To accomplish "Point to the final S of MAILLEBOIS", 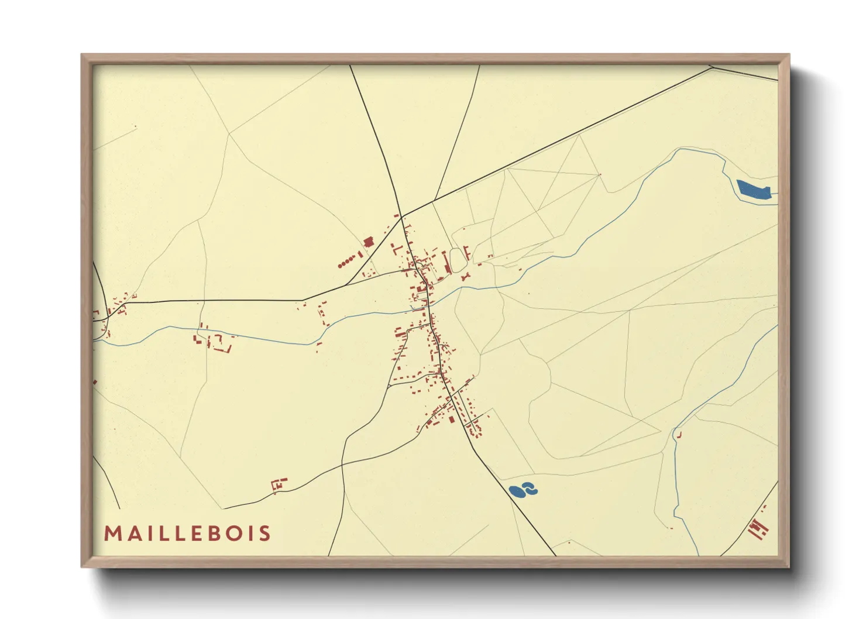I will coord(266,534).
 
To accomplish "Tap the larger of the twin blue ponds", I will coord(517,491).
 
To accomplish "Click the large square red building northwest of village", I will coord(369,242).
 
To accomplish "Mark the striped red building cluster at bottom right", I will coord(758,528).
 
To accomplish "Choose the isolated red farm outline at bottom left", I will coord(279,484).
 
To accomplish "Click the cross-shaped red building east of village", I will coord(466,276).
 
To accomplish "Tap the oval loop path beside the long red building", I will coord(456,260).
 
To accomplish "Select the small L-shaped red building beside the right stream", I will coord(679,435).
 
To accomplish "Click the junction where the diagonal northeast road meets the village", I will coord(403,216).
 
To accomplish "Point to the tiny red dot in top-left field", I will coord(136,126).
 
